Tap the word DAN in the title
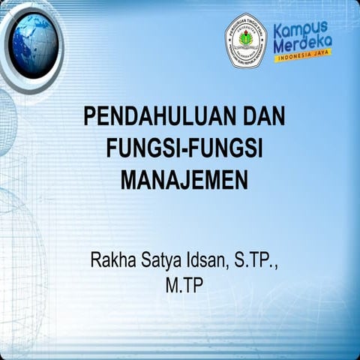(x=264, y=117)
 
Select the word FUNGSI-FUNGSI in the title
(x=184, y=148)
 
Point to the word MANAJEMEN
(x=184, y=180)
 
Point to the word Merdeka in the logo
(x=302, y=46)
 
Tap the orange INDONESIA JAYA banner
(x=302, y=57)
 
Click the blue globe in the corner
(x=34, y=45)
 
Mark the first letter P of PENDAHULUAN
(x=89, y=117)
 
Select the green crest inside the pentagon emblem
(x=245, y=38)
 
